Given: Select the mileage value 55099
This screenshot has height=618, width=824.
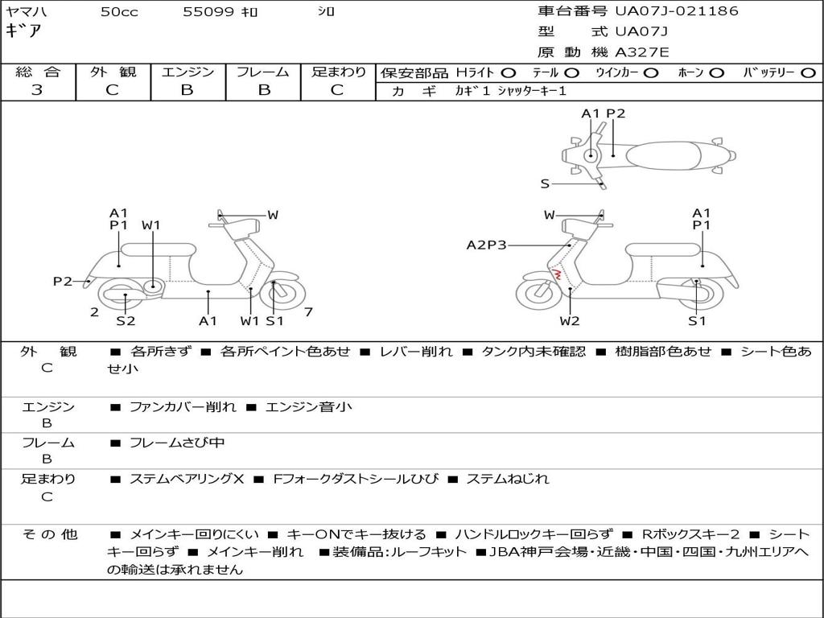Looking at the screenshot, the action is [x=208, y=11].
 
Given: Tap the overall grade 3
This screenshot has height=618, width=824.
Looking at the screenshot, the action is [x=37, y=89].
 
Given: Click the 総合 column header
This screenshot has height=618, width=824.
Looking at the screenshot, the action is [x=38, y=72].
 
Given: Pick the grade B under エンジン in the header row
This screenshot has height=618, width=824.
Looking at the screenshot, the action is [x=187, y=89].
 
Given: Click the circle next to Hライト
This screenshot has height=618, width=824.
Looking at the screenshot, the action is [x=509, y=73].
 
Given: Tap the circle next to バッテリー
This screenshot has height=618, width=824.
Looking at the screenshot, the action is [x=808, y=73].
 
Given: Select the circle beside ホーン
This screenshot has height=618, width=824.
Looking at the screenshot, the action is [x=716, y=73].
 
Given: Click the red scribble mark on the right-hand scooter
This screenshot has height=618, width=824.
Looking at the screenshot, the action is [x=555, y=274].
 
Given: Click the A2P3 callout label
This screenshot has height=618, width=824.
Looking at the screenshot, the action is [x=486, y=245].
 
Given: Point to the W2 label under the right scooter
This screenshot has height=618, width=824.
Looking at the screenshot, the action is [x=569, y=320].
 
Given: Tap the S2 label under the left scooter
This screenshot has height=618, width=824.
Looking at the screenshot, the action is [x=126, y=320].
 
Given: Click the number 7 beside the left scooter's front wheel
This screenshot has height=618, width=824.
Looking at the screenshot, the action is [x=308, y=311].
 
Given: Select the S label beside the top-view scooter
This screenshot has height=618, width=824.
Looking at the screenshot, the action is [x=545, y=184].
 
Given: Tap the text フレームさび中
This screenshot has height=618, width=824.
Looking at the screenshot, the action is [x=177, y=443].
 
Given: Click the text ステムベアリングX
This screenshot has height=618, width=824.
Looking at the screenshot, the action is [x=187, y=479].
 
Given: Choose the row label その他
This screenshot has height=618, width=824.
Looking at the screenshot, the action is [x=50, y=534].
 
